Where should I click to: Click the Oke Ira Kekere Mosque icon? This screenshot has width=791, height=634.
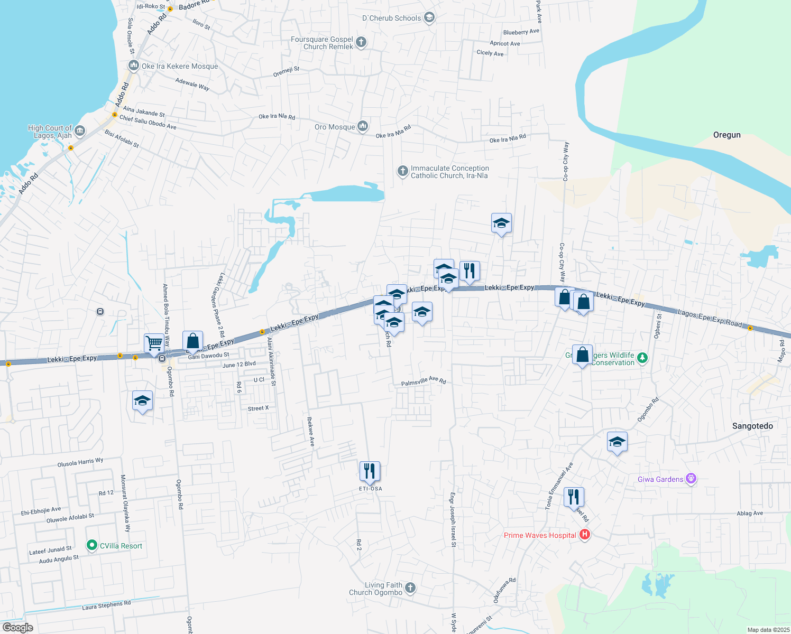click(133, 66)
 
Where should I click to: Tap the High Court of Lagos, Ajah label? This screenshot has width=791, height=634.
click(50, 132)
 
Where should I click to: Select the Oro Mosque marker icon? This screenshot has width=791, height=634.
click(363, 126)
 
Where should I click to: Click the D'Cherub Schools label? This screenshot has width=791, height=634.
click(391, 18)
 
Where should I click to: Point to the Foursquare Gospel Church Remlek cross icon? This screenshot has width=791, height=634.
click(361, 42)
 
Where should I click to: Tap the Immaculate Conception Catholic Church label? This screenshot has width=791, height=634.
click(449, 172)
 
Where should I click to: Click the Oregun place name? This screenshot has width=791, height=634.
click(726, 135)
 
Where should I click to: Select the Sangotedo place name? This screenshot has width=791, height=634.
click(752, 426)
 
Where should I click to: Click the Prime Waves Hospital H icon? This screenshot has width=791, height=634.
click(584, 535)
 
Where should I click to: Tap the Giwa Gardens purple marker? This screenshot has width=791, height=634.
click(691, 479)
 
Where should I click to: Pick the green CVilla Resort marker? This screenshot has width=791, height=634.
click(92, 545)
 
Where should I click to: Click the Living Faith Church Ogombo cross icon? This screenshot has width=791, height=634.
click(410, 588)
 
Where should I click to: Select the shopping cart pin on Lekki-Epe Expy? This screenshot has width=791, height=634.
click(154, 343)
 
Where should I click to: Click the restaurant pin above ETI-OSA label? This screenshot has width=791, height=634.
click(370, 471)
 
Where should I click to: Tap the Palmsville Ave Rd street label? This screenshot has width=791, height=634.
click(424, 381)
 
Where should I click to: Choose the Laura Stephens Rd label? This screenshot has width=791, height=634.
click(106, 605)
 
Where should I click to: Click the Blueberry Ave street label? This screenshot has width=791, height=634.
click(521, 32)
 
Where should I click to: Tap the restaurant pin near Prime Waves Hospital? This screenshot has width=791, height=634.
click(574, 497)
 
